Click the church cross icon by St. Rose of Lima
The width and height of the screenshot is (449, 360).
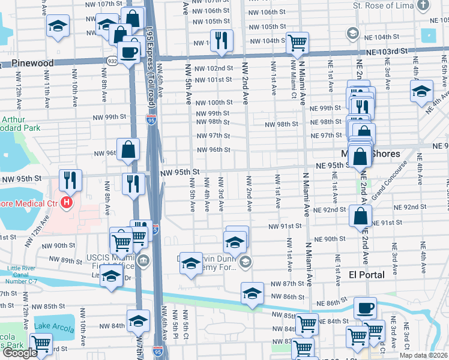coord(424,7)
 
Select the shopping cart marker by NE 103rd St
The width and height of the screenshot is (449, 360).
coord(297,43)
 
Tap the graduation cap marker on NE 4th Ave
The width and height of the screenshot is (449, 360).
coord(421,91)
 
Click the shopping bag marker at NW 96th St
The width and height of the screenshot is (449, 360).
coord(128,149)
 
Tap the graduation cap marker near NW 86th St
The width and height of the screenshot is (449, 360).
coord(252,293)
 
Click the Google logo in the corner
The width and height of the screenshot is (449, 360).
coord(20,353)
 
